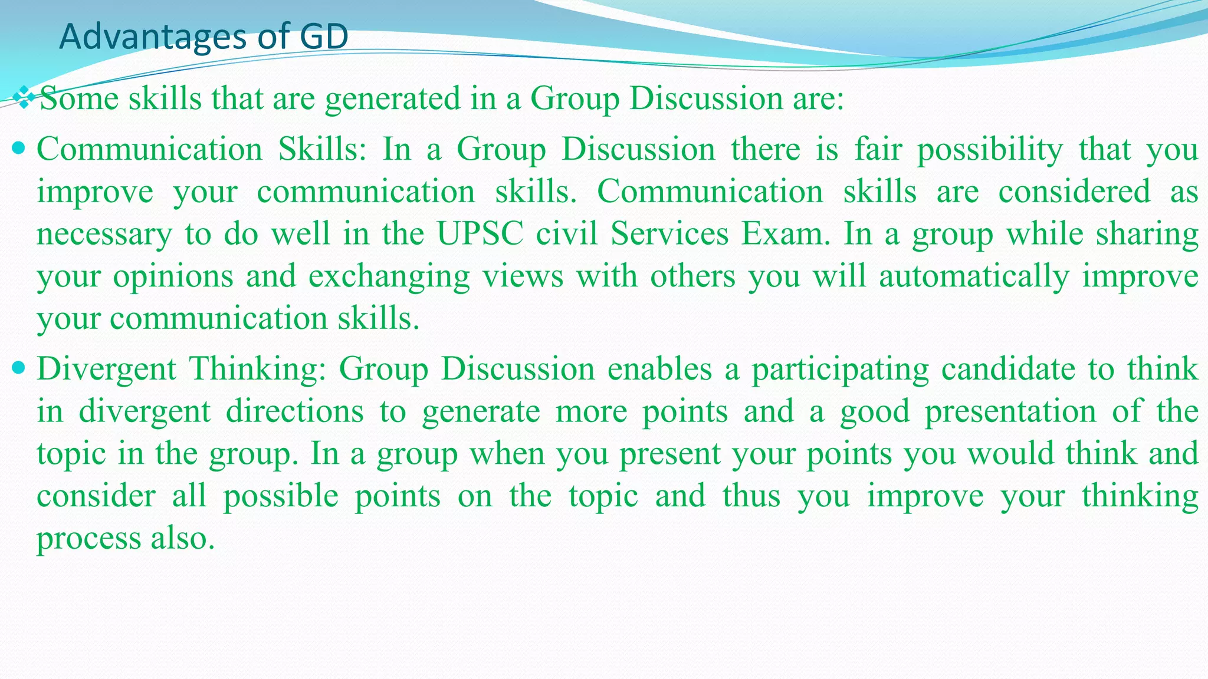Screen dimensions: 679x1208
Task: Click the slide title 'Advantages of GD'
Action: click(x=203, y=37)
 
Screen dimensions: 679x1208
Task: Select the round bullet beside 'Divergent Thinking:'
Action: click(x=19, y=368)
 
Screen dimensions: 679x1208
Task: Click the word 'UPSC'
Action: click(x=480, y=233)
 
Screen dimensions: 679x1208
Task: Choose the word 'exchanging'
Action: click(x=389, y=277)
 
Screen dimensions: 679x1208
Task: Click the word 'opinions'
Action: click(x=173, y=277)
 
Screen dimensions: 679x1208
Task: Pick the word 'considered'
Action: click(x=1074, y=192)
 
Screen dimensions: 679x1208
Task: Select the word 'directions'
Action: click(x=295, y=411)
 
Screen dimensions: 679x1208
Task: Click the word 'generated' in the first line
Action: click(x=392, y=98)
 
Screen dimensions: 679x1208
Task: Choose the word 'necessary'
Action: click(x=104, y=235)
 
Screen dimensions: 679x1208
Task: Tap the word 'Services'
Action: click(x=669, y=233)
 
